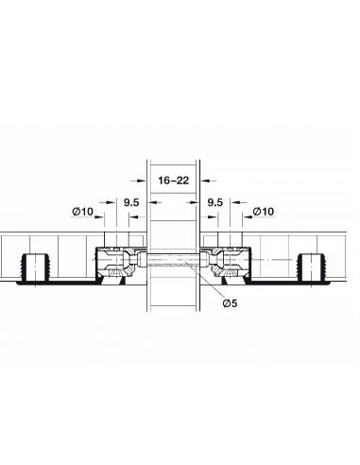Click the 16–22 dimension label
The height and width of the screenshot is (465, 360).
[174, 181]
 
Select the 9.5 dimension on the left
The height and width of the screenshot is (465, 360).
[131, 202]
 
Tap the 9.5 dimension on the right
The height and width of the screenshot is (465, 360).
[215, 202]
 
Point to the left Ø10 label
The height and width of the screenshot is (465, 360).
[83, 212]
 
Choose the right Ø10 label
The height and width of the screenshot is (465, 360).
[264, 212]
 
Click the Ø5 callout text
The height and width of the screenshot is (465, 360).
[230, 303]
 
